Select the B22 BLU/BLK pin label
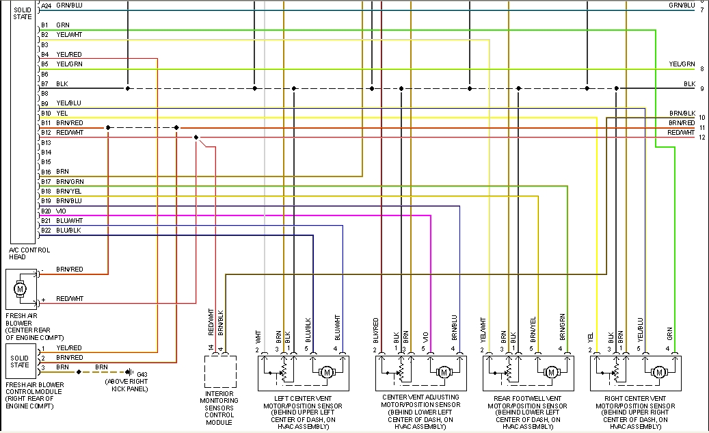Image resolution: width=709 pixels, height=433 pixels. coord(61,231)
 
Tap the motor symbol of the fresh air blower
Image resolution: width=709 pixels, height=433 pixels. coord(20,288)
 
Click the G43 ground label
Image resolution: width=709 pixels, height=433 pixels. coord(142,373)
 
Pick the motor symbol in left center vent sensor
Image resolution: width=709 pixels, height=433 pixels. coord(325,372)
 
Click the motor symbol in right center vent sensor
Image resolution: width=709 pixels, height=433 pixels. coord(659,372)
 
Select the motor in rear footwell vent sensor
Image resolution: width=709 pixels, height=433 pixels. coord(550,372)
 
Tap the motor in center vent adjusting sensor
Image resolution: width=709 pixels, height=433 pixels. coord(444,372)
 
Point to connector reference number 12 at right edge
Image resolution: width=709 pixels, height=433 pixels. coord(701,137)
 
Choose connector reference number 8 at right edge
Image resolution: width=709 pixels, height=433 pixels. coord(701,69)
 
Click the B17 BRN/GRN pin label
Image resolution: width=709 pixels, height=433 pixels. coord(62,181)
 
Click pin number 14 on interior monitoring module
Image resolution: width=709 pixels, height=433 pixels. coord(212,348)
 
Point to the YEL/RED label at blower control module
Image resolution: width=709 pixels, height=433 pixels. coord(69,348)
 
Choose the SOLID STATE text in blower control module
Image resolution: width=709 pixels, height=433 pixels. coord(20,360)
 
